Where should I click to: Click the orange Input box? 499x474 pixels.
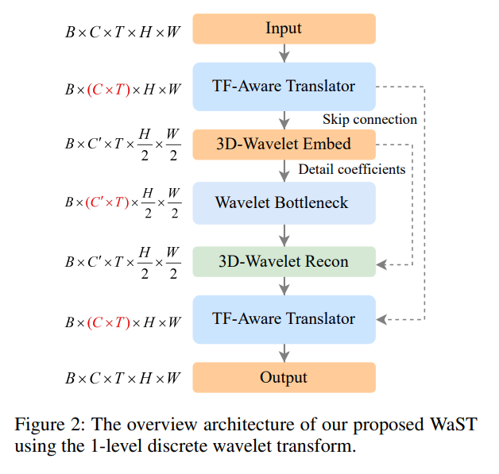pyautogui.click(x=284, y=29)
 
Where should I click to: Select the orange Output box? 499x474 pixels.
pyautogui.click(x=284, y=377)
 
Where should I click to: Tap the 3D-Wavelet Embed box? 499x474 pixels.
pyautogui.click(x=284, y=145)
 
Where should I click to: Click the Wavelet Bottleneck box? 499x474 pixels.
pyautogui.click(x=284, y=202)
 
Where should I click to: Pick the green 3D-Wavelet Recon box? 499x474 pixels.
pyautogui.click(x=284, y=261)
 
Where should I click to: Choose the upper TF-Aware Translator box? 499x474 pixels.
pyautogui.click(x=284, y=86)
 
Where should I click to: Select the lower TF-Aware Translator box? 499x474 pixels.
pyautogui.click(x=284, y=319)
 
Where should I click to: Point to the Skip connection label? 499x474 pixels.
pyautogui.click(x=369, y=119)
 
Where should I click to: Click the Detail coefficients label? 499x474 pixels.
pyautogui.click(x=352, y=169)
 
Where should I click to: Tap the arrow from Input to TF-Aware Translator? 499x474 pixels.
pyautogui.click(x=284, y=52)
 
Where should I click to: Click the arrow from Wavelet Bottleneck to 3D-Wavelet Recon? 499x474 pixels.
pyautogui.click(x=284, y=235)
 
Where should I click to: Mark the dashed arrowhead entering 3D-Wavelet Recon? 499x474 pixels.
pyautogui.click(x=381, y=261)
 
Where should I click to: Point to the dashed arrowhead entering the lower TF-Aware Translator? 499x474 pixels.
pyautogui.click(x=381, y=319)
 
